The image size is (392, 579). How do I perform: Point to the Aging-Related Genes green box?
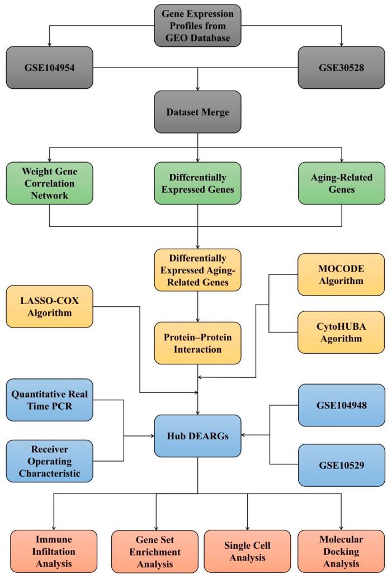341,182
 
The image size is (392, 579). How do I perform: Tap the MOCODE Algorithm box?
341,274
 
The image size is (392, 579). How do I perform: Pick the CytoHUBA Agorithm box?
341,332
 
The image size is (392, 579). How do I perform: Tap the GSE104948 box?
341,405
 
